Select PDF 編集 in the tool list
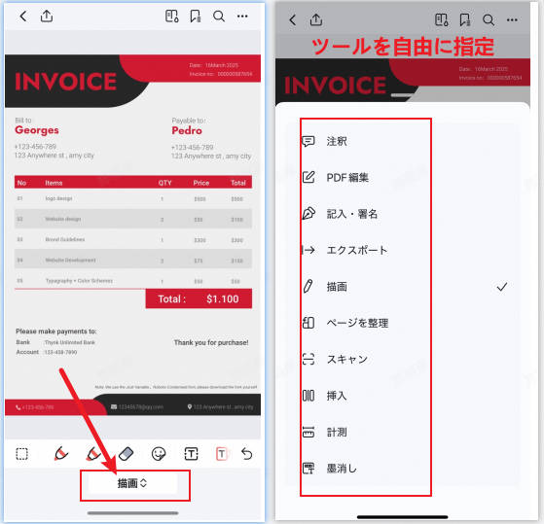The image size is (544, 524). point(347,178)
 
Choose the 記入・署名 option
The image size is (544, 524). point(351,214)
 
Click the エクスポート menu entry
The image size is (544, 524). point(356,250)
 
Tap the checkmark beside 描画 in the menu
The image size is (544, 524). point(502,287)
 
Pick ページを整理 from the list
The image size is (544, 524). point(357,323)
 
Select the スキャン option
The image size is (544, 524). point(346,359)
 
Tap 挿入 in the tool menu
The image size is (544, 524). point(336,395)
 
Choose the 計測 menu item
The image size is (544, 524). point(336,432)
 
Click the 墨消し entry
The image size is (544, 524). point(341,468)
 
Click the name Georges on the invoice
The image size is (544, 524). point(36,130)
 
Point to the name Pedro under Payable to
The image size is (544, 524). point(187,130)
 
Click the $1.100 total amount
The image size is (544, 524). point(222,299)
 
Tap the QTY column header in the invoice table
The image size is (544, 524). point(165,183)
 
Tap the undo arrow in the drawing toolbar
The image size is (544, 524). point(246,453)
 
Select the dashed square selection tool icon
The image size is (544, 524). point(21,453)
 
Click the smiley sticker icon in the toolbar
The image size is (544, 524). point(159,453)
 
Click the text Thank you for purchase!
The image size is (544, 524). point(210,342)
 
